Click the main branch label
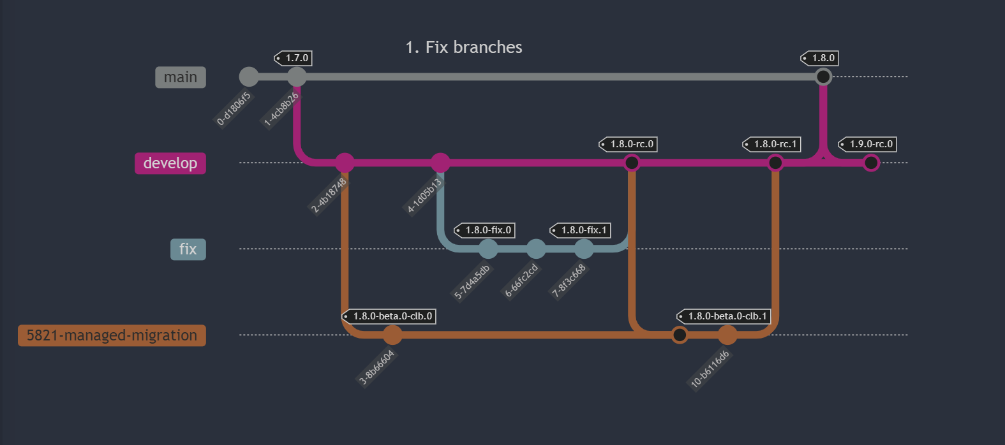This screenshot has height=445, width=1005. pos(181,77)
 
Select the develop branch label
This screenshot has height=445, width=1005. pos(170,163)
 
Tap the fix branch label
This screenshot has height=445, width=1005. pos(188,249)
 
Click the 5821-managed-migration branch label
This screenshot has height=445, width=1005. pos(112,335)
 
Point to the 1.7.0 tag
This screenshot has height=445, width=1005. pos(294,58)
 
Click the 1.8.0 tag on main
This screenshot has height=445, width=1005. pos(820,58)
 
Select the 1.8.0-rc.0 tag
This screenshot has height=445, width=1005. pos(628,144)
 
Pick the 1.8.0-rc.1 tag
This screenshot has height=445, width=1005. pos(771,144)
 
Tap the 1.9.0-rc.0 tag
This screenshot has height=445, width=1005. pos(867,144)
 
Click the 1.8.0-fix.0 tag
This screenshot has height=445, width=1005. pos(484,230)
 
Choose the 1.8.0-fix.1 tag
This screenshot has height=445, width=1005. pos(580,230)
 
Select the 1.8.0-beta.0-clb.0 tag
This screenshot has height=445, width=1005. pos(389,316)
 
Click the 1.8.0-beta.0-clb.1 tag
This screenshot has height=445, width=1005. pos(724,316)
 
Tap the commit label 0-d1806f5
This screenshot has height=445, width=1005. pos(234,109)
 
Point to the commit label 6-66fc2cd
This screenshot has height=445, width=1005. pos(521,281)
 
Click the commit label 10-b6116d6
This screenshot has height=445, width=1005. pos(710,369)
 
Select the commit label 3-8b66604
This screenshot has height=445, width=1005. pos(377,367)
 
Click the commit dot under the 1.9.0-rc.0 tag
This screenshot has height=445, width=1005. pos(871,163)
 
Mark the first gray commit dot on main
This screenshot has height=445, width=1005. pos(249,77)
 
